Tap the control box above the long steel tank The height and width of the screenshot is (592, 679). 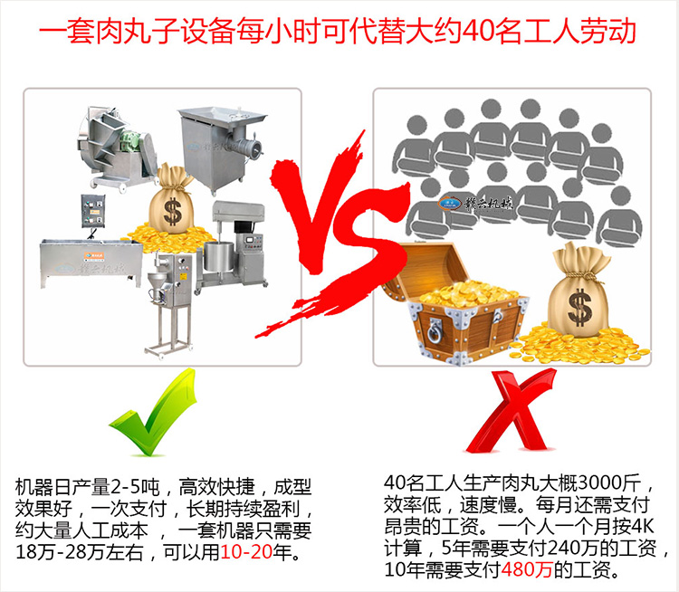(93, 212)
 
